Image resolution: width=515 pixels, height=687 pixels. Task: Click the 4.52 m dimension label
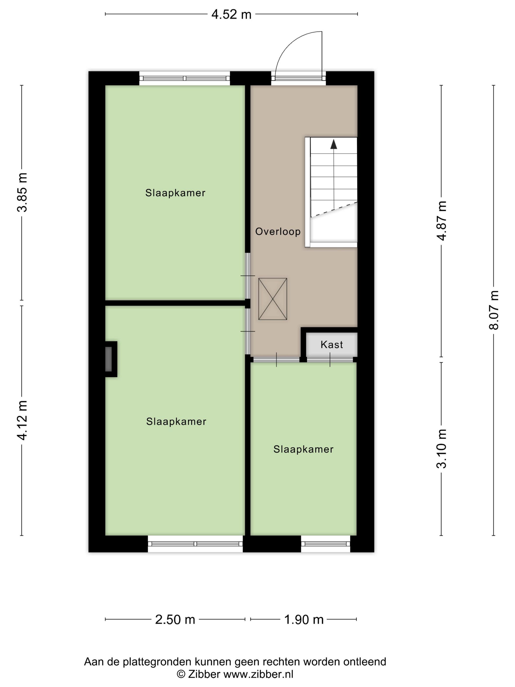[231, 14]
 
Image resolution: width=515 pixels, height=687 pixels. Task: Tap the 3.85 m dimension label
[22, 192]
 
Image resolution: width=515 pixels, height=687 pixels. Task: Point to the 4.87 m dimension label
[441, 221]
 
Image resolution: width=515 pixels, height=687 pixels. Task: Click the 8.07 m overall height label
[494, 310]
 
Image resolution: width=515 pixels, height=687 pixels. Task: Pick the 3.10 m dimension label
[441, 448]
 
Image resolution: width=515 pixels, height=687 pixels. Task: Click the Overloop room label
[278, 231]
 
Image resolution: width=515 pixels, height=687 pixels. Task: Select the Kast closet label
[332, 344]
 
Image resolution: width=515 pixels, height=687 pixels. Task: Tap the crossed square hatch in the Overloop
[272, 299]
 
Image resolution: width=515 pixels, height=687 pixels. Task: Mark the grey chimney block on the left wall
[109, 359]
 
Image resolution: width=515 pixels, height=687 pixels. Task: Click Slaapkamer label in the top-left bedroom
[175, 193]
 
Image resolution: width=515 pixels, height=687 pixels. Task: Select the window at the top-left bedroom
[184, 78]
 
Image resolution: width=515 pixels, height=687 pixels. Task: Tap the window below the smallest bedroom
[325, 543]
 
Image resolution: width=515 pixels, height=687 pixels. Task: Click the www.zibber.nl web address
[258, 674]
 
